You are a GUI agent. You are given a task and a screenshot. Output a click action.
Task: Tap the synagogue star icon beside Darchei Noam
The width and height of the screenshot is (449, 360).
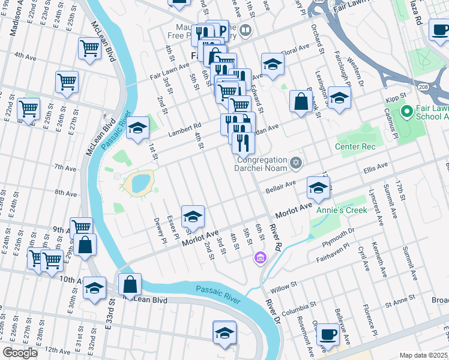(x=295, y=163)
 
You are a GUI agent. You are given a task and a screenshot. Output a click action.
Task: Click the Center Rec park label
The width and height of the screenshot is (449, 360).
(x=355, y=147)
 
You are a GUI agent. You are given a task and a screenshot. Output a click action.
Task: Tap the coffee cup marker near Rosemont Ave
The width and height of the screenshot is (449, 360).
(x=328, y=335)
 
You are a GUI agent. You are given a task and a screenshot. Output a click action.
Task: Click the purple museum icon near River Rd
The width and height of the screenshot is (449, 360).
(x=259, y=259)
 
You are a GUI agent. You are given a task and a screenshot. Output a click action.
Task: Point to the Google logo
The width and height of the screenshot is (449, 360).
(x=20, y=353)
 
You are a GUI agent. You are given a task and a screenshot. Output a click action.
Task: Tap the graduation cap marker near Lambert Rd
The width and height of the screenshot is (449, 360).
(x=137, y=128)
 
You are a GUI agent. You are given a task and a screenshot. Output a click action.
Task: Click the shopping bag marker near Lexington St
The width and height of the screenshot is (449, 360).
(x=300, y=101)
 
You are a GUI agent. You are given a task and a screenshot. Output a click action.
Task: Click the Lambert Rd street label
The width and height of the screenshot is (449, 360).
(x=185, y=128)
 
